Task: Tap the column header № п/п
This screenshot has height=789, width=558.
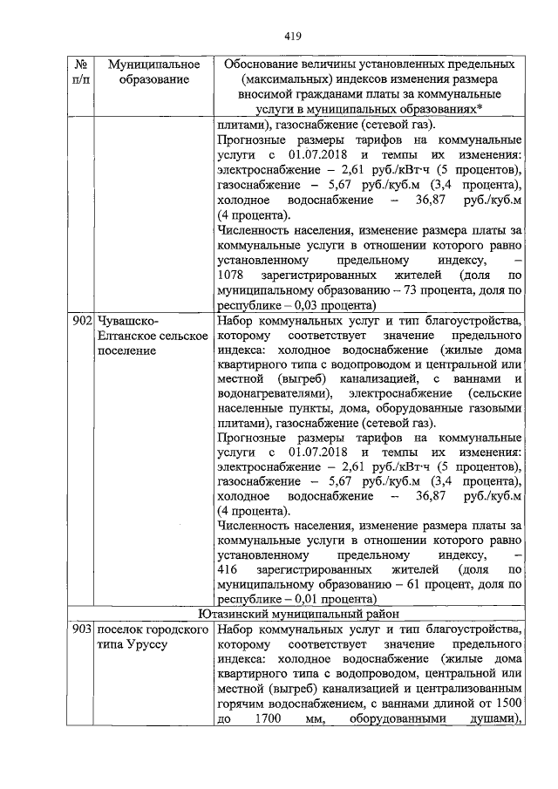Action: coord(80,72)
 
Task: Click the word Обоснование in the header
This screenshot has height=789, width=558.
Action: coord(265,65)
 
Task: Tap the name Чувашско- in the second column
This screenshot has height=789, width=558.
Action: coord(130,321)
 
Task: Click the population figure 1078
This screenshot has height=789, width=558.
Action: coord(228,275)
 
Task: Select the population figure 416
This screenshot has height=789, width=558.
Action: coord(225,568)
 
